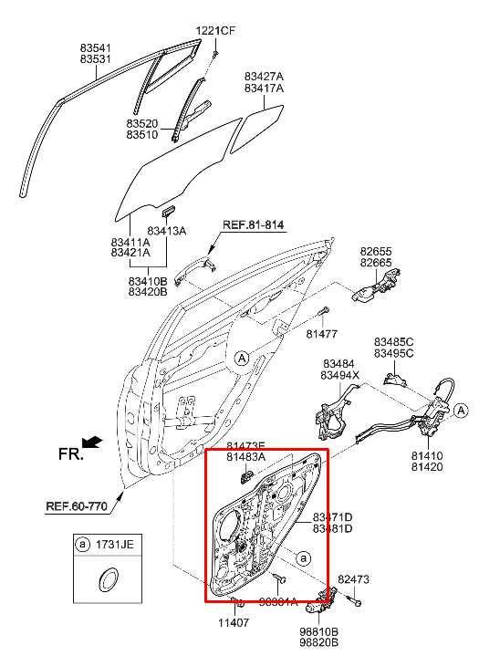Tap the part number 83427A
pyautogui.click(x=263, y=76)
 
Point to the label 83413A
pyautogui.click(x=167, y=232)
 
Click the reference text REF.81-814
pyautogui.click(x=255, y=224)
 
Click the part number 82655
pyautogui.click(x=375, y=250)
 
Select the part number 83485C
pyautogui.click(x=393, y=342)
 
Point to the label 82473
pyautogui.click(x=354, y=579)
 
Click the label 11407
pyautogui.click(x=233, y=624)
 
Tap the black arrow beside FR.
pyautogui.click(x=95, y=443)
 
